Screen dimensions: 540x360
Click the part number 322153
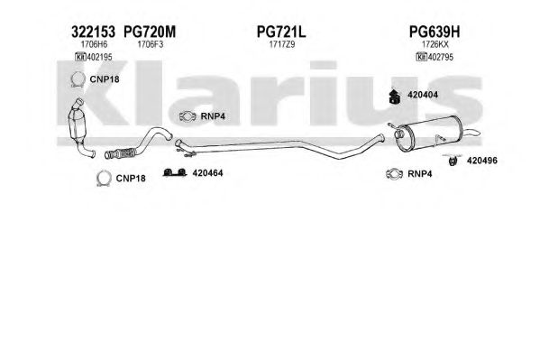[93, 32]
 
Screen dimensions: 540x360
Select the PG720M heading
[150, 32]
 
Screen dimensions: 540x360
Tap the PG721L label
[281, 32]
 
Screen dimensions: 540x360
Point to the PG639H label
[435, 32]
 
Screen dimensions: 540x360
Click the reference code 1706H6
[94, 44]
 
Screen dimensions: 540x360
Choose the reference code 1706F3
[151, 44]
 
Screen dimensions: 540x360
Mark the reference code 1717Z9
[282, 44]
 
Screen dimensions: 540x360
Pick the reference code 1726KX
[435, 44]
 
